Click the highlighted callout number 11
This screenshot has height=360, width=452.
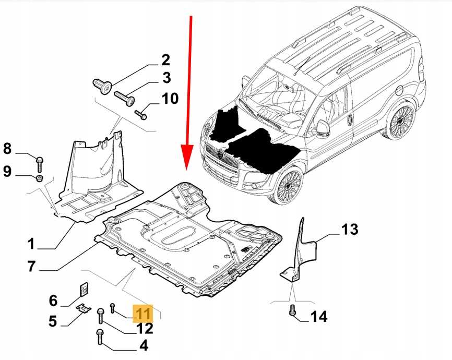pyautogui.click(x=143, y=313)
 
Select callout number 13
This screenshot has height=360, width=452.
pyautogui.click(x=351, y=229)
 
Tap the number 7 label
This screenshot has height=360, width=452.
pyautogui.click(x=31, y=267)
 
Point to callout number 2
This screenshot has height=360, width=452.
pyautogui.click(x=165, y=60)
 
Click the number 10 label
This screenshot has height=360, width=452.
pyautogui.click(x=169, y=98)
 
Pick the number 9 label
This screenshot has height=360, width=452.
pyautogui.click(x=7, y=171)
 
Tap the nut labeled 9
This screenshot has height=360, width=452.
pyautogui.click(x=40, y=179)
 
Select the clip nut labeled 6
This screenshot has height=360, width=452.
pyautogui.click(x=82, y=289)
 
